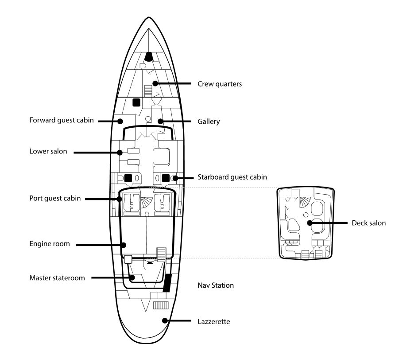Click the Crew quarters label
[x=220, y=84]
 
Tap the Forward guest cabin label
[x=62, y=120]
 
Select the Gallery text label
[x=209, y=121]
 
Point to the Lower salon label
[x=48, y=152]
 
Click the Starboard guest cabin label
[x=232, y=177]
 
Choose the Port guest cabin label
[x=55, y=198]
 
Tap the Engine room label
[x=50, y=243]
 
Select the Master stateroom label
[x=57, y=278]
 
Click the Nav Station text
[x=216, y=286]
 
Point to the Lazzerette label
[x=213, y=320]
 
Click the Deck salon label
[x=369, y=223]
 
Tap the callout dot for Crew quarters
[x=155, y=83]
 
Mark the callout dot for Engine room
[x=125, y=244]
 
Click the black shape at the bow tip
[x=148, y=56]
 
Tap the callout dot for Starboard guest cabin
[x=175, y=178]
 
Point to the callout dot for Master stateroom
[x=132, y=278]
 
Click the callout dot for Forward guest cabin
[x=120, y=121]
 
